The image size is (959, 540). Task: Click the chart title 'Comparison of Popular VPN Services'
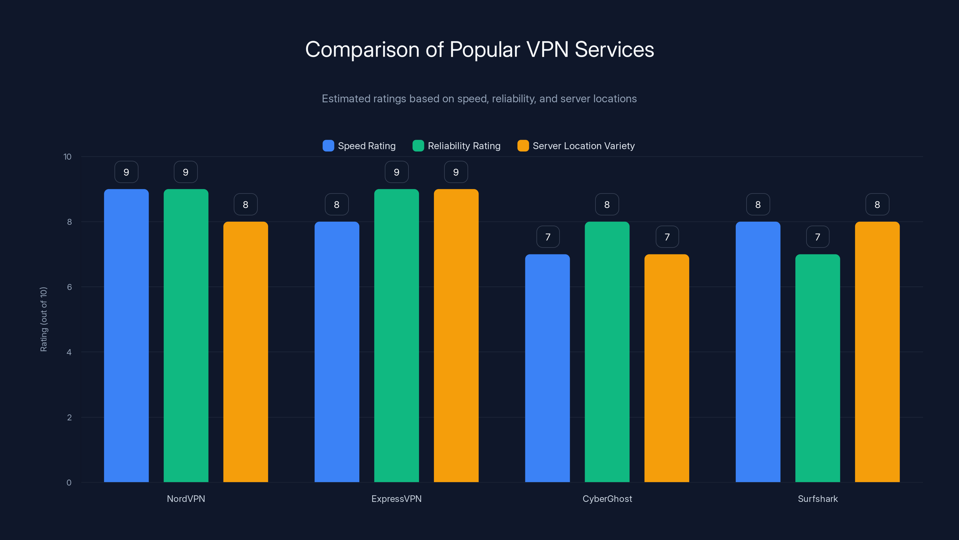coord(479,49)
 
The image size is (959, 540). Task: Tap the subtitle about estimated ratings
coord(479,99)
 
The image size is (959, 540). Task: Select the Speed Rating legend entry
coord(359,146)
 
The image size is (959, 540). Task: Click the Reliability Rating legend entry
coord(457,146)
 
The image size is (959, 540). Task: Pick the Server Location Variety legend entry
coord(576,146)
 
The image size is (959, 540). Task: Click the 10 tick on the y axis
coord(67,157)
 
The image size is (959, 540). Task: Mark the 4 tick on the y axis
coord(69,352)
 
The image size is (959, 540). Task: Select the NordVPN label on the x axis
coord(186,499)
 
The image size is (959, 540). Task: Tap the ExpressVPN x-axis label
coord(396,499)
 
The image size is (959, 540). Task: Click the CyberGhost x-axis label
coord(607,499)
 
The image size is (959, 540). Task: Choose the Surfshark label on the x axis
coord(818,499)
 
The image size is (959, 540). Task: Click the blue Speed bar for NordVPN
coord(126,335)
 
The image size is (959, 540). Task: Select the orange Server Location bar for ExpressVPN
coord(456,335)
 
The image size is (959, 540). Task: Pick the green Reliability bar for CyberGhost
coord(607,352)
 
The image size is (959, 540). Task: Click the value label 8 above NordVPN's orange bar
coord(245,204)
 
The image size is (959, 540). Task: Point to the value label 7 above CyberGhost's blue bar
coord(548,237)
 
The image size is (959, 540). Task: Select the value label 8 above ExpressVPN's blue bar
coord(337,204)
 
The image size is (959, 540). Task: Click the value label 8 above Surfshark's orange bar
coord(877,204)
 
